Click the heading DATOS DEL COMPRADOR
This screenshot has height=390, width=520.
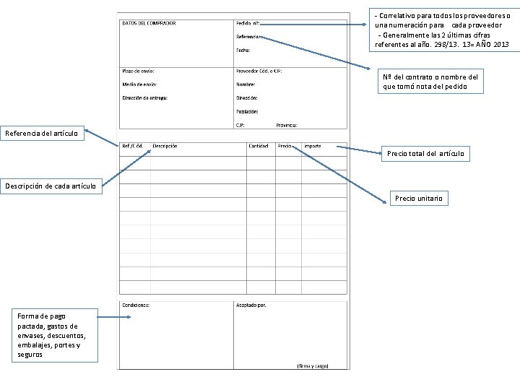coord(149,23)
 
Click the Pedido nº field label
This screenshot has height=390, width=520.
coord(248,23)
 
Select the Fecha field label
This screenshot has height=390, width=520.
coord(243,50)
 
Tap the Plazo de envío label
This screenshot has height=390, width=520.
coord(138,71)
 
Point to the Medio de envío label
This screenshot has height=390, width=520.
coord(139,84)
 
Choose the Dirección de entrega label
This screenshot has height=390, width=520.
coord(144,97)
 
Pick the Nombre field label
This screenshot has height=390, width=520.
coord(246,84)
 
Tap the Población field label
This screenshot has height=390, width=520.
coord(247,111)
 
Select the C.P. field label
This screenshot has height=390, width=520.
coord(240,125)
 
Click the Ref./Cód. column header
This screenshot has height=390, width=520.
coord(132,146)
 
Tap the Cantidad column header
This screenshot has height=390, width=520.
coord(258,146)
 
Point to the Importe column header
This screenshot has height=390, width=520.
coord(312,146)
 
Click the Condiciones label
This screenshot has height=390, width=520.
coord(136,305)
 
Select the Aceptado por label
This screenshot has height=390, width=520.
coord(251,305)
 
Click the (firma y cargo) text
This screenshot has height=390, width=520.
coord(312,365)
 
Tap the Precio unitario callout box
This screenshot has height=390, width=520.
coord(419,198)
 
